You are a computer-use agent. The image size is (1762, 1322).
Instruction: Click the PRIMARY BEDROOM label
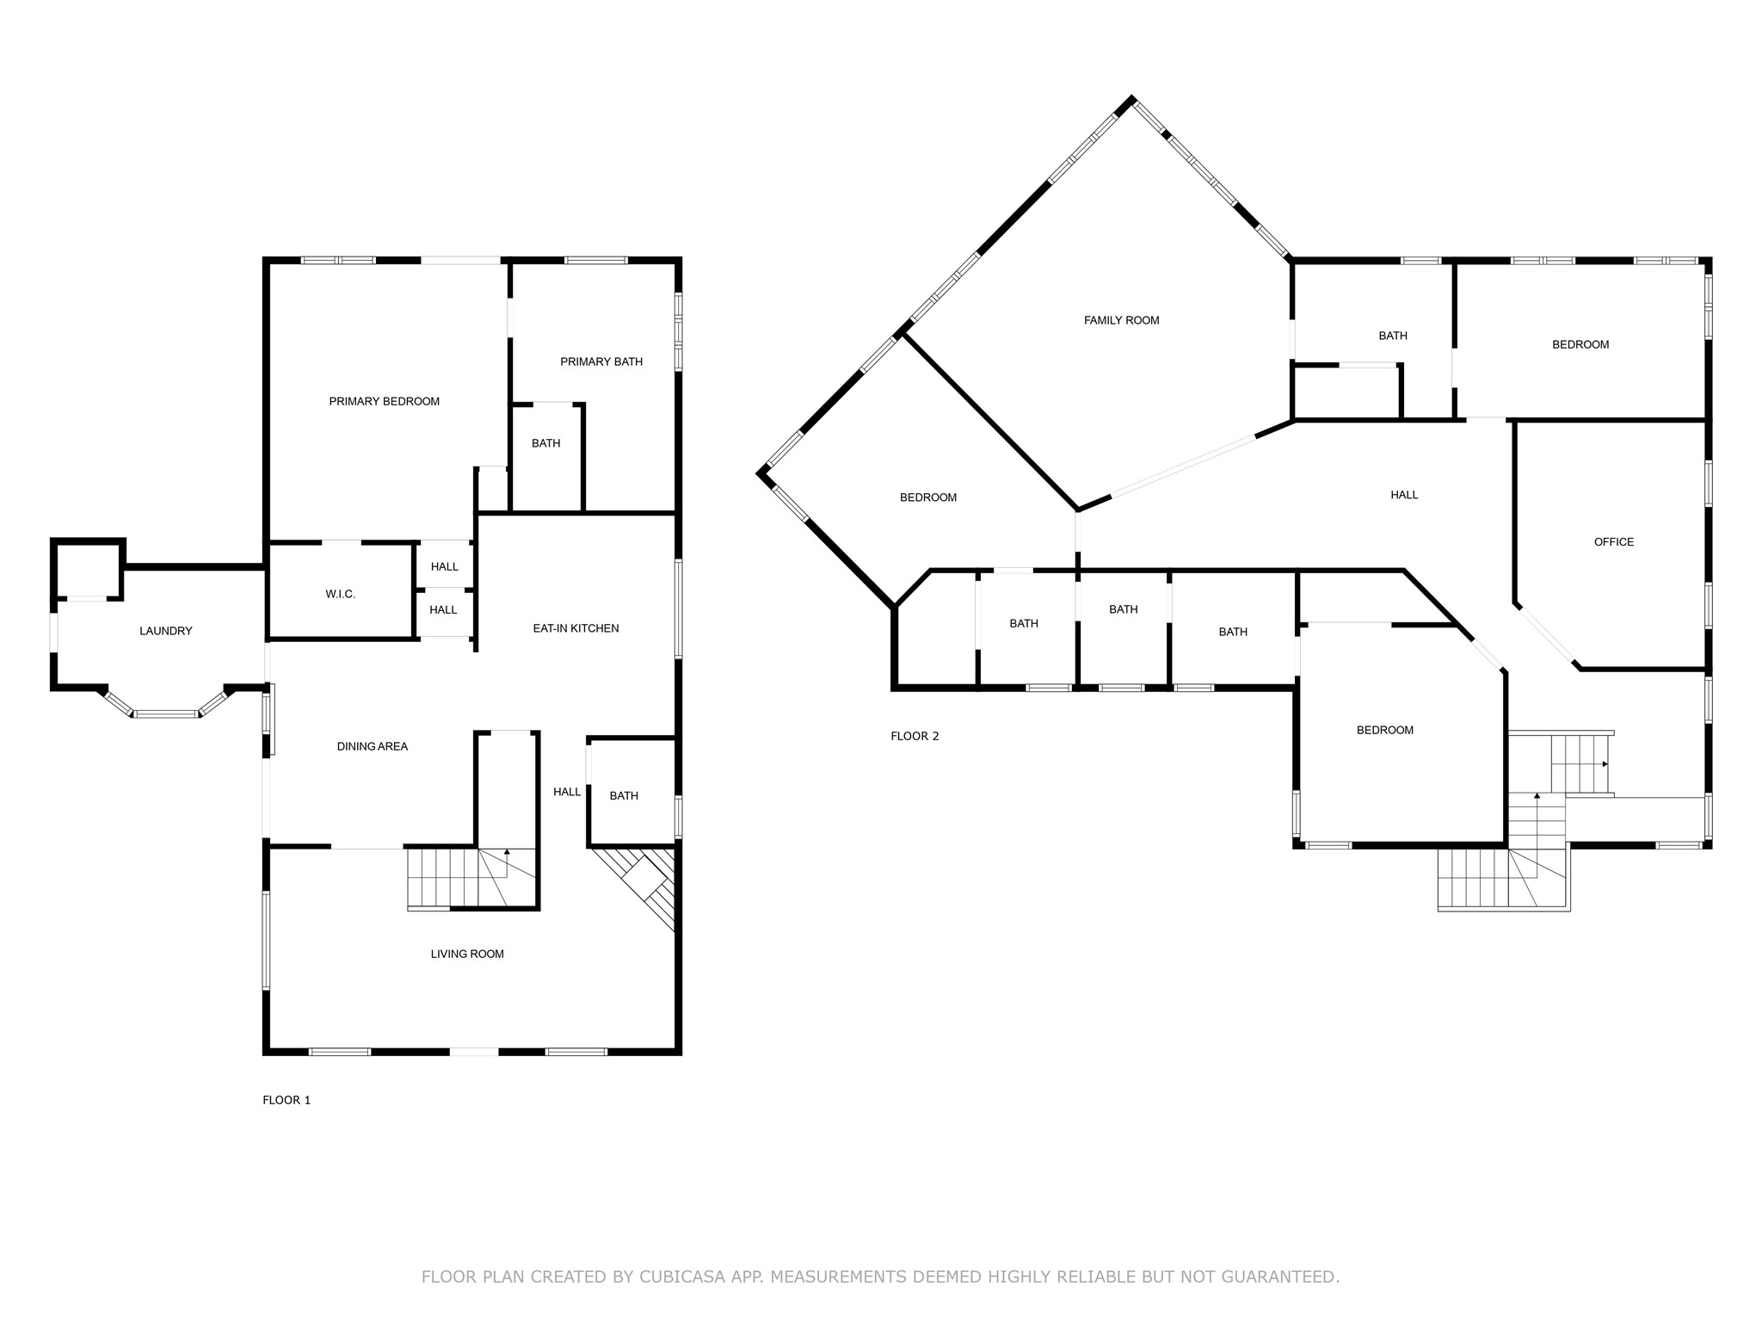pos(384,401)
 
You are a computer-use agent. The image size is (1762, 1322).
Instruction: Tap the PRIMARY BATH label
pos(601,361)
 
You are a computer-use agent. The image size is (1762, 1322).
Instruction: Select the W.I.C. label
pos(340,594)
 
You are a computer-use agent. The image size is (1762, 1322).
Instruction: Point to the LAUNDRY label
pos(166,631)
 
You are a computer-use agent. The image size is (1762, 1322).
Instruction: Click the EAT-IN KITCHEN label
pos(576,628)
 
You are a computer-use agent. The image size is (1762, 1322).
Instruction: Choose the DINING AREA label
pos(372,746)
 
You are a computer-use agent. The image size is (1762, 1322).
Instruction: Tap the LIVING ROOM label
pos(467,954)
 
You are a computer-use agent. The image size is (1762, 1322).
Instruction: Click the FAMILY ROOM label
pos(1121,320)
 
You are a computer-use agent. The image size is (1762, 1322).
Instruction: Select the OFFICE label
pos(1613,541)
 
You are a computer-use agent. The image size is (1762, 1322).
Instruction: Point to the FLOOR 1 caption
pos(286,1100)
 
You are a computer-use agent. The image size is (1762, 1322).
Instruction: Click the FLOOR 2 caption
pos(915,736)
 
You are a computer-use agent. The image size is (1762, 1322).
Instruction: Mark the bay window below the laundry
pos(166,702)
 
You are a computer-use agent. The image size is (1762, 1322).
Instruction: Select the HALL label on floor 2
pos(1404,495)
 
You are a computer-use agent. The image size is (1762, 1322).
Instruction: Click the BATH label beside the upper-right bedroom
pos(1393,336)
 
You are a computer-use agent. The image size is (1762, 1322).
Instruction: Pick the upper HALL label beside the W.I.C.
pos(444,566)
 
